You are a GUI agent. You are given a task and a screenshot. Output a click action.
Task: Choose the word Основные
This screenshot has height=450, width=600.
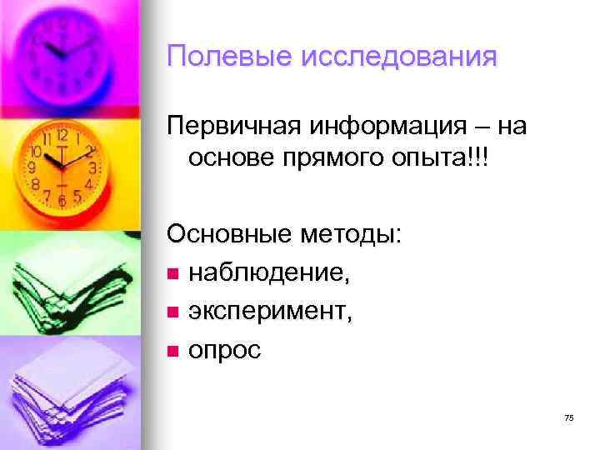click(x=224, y=237)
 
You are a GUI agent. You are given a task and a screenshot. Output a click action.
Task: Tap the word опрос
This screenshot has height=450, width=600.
click(x=224, y=351)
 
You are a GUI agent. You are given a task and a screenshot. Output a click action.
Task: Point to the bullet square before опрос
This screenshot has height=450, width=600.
click(x=172, y=352)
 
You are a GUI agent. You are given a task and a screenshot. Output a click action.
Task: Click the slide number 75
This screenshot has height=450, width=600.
click(x=568, y=417)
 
